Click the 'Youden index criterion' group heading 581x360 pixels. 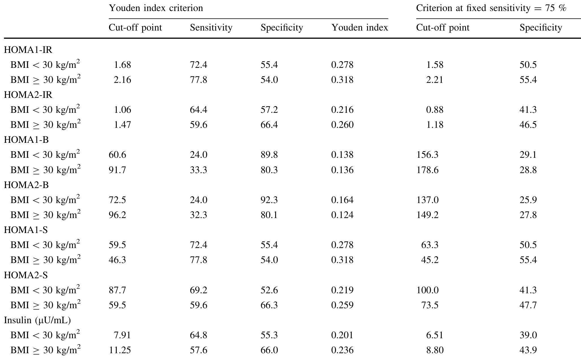(x=156, y=8)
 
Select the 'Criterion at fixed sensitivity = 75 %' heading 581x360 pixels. (x=491, y=8)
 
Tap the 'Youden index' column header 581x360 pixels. (x=359, y=27)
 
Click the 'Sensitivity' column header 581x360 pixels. (x=211, y=27)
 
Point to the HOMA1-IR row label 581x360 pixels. (x=28, y=50)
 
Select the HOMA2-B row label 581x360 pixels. (x=26, y=185)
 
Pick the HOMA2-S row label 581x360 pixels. (x=26, y=275)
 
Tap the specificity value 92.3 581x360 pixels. (x=269, y=200)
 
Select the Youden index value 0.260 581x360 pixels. (x=342, y=125)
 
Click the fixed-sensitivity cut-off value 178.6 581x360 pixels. (x=427, y=170)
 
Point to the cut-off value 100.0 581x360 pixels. (x=427, y=290)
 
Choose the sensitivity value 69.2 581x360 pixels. (x=198, y=290)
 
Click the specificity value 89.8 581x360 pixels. (x=269, y=155)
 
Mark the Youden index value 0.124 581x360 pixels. (x=342, y=215)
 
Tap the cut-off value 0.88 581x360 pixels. (x=435, y=110)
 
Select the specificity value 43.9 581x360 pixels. (x=528, y=350)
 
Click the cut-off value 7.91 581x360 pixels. (x=122, y=335)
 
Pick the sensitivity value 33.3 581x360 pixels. (x=198, y=170)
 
